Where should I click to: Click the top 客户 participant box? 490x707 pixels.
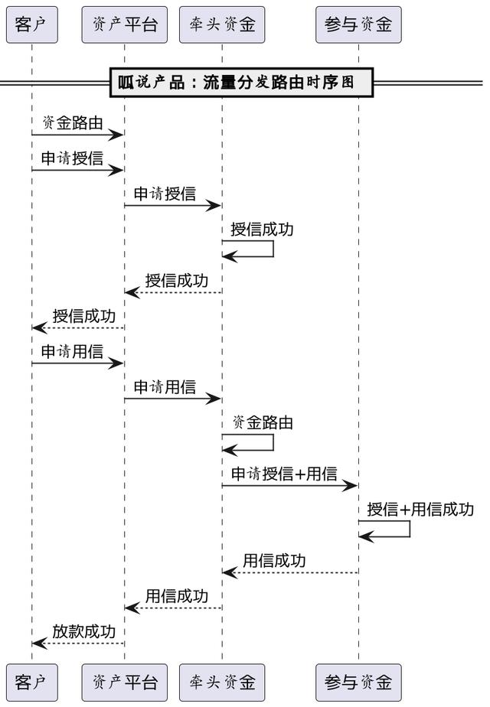tap(31, 24)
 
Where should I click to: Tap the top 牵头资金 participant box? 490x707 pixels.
tap(222, 24)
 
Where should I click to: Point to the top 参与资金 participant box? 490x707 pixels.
tap(358, 24)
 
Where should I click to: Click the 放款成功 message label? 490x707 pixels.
tap(83, 631)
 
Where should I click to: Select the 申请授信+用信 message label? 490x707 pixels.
tap(284, 474)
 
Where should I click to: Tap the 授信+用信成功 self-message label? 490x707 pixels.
tap(420, 509)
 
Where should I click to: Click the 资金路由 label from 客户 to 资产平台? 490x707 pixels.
tap(72, 122)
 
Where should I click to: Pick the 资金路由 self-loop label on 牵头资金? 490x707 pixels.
tap(262, 422)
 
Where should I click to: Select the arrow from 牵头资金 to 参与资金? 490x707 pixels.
tap(290, 486)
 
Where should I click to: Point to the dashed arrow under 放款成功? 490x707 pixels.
tap(78, 643)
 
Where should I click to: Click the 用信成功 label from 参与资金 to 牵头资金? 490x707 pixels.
tap(274, 560)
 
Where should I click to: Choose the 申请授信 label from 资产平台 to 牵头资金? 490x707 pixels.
tap(165, 194)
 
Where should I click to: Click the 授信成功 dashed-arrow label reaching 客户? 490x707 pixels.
tap(83, 315)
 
